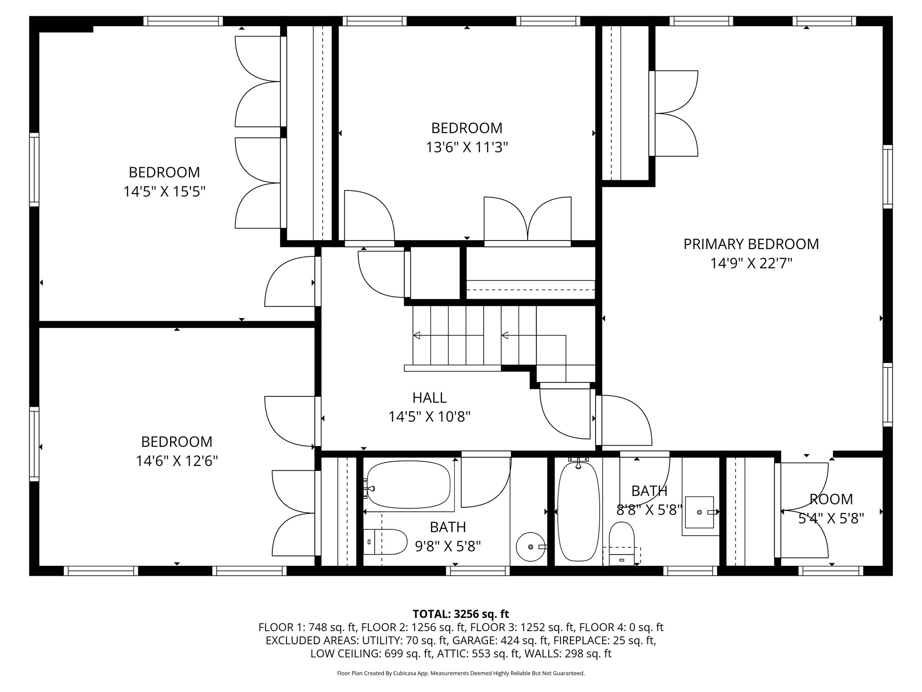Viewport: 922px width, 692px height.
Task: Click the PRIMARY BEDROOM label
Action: [751, 244]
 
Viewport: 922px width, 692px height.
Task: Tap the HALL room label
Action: [429, 398]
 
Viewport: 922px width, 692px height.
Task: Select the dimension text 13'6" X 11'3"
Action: [467, 148]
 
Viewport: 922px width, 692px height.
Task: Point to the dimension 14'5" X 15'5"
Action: [164, 192]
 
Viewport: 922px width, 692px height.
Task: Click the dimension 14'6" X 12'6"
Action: [177, 461]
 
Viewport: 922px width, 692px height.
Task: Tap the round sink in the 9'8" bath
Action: [530, 546]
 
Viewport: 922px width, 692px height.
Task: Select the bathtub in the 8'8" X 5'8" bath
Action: [579, 514]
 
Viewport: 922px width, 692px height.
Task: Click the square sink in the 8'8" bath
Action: [699, 512]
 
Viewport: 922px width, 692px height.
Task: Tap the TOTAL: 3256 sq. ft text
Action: [461, 614]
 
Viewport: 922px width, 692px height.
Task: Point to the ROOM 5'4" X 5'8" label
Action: [831, 499]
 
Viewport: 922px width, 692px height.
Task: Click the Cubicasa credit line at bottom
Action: [461, 674]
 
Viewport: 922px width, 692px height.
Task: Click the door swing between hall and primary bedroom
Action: [626, 419]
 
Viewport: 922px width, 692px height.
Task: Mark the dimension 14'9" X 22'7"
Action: [751, 264]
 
